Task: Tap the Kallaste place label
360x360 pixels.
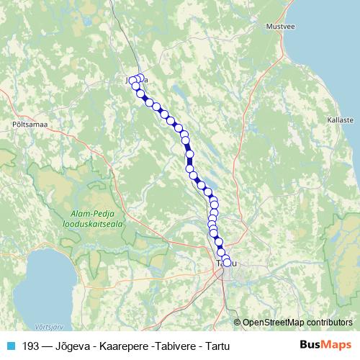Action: (340, 120)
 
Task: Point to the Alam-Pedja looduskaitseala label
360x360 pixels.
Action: (97, 219)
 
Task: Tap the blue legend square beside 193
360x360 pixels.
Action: (10, 346)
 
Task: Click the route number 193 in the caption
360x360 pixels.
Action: (31, 346)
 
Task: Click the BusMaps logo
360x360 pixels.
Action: (325, 345)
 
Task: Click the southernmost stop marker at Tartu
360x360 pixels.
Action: (228, 263)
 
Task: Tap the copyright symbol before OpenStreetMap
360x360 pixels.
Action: (238, 322)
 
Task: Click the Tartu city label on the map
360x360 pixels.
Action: (226, 264)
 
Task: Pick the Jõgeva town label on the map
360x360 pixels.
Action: (137, 80)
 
